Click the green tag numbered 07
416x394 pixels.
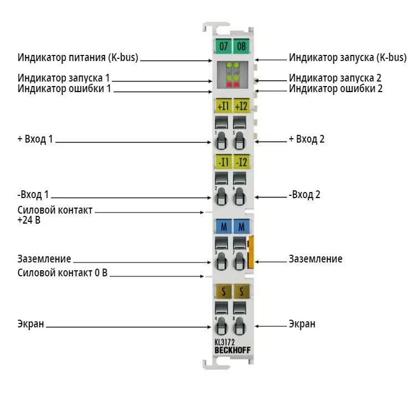coord(223,46)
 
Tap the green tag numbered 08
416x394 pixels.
coord(241,46)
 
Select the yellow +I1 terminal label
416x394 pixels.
coord(223,106)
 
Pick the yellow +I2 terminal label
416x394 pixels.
coord(241,106)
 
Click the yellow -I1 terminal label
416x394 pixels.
coord(223,161)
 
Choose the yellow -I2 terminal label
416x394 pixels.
coord(241,161)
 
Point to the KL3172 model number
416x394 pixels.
coord(224,342)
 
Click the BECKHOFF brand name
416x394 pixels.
coord(233,350)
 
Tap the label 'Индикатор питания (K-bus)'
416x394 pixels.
coord(78,57)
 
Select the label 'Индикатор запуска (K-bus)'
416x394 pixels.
coord(347,57)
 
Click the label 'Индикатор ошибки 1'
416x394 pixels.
coord(64,89)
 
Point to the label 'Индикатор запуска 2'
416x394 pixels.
coord(335,78)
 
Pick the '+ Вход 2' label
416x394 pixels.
coord(306,139)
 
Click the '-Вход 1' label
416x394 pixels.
coord(33,195)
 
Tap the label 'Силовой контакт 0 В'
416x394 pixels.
coord(63,273)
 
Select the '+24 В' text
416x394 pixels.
coord(29,220)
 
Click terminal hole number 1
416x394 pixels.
coord(221,140)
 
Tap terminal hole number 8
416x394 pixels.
coord(239,325)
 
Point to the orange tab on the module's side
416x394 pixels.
coord(251,252)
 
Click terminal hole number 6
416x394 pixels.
coord(239,196)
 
